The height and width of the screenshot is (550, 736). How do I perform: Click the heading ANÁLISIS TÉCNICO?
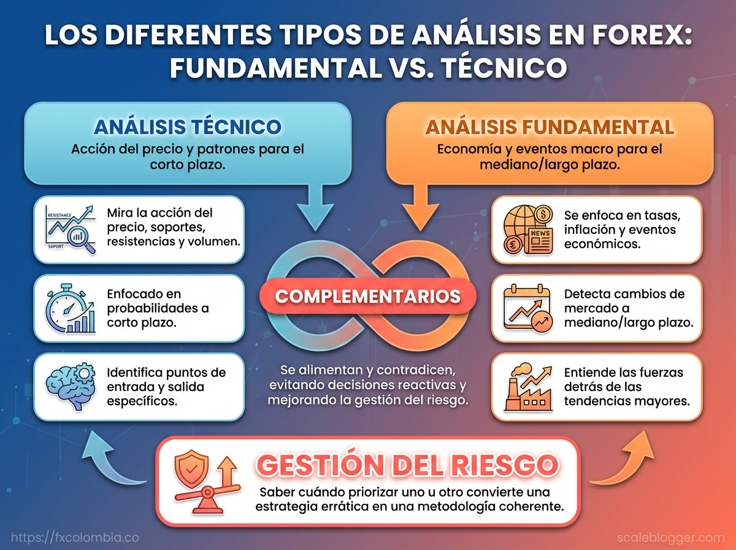(x=187, y=127)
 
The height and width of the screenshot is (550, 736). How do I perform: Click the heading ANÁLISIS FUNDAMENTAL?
(x=550, y=127)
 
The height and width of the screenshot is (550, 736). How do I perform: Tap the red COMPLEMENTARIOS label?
(x=368, y=296)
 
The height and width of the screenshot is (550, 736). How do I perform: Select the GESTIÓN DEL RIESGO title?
(x=407, y=465)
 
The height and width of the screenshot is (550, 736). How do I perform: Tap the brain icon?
(x=71, y=386)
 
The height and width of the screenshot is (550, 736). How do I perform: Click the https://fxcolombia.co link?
(x=75, y=537)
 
